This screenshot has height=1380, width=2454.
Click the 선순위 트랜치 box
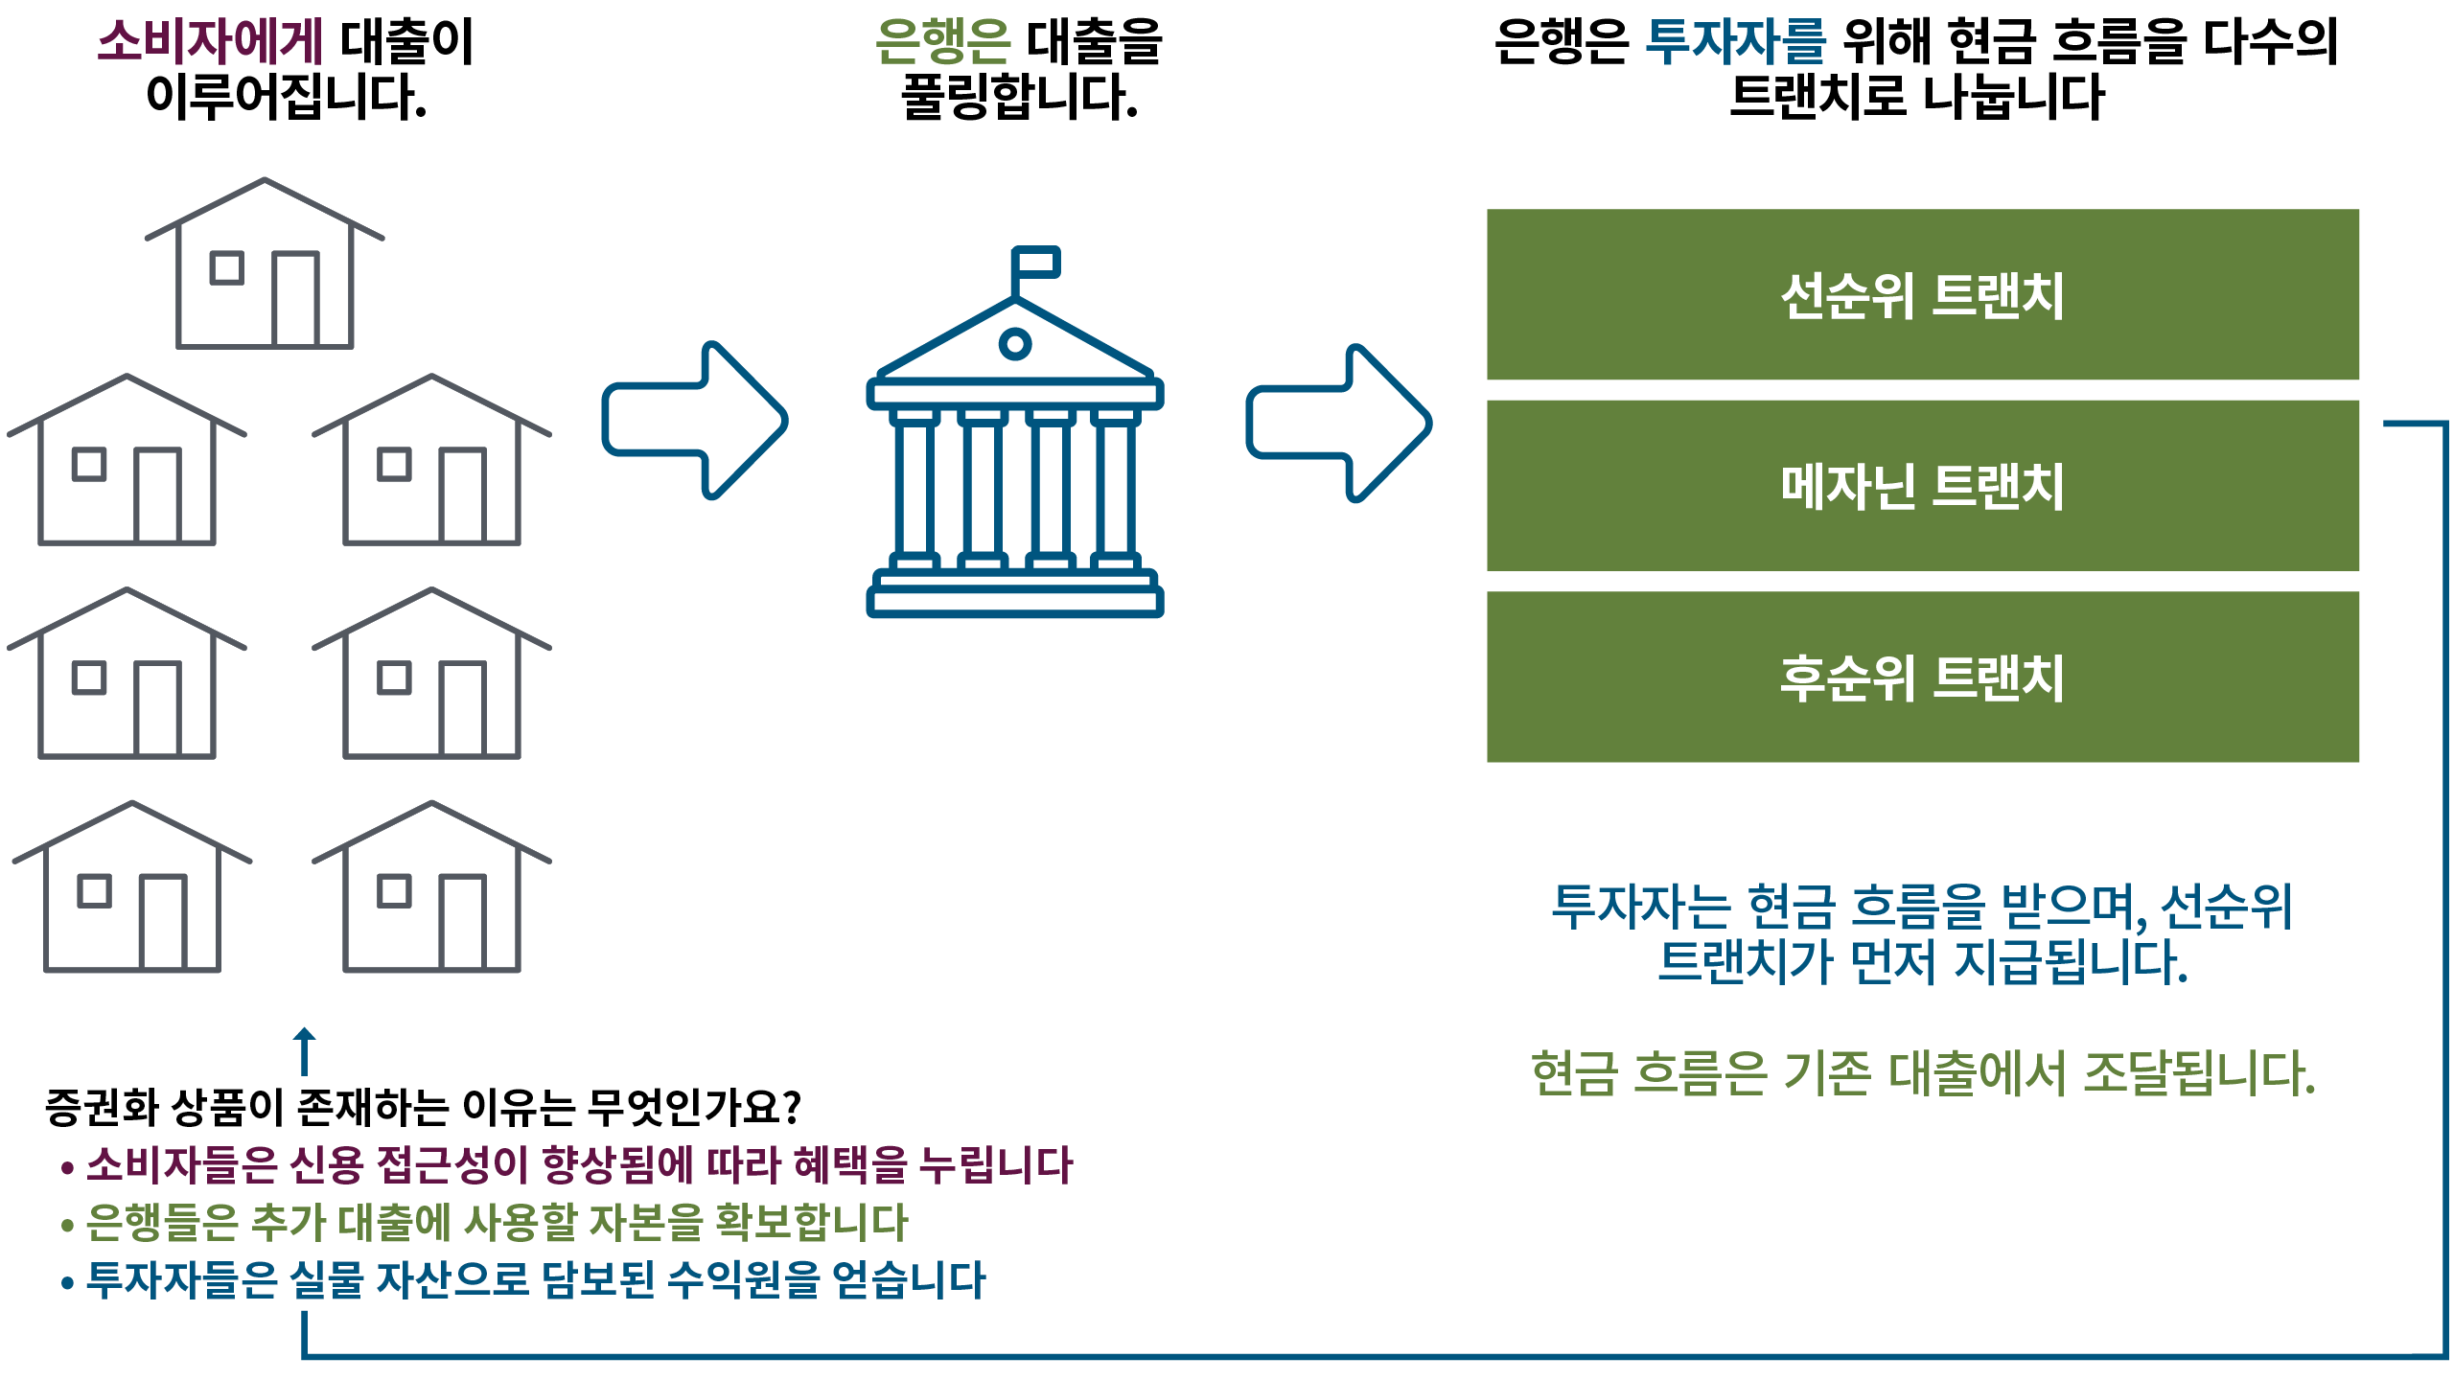tap(1922, 295)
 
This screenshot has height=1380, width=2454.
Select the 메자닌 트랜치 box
tap(1922, 486)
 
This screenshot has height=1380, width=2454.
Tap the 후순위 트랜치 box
tap(1922, 678)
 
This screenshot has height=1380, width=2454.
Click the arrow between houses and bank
tap(694, 420)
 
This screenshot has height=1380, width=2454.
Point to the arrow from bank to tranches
tap(1338, 423)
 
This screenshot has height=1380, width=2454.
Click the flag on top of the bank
tap(1037, 263)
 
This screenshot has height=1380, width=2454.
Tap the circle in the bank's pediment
tap(1014, 343)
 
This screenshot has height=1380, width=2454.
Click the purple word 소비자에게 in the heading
tap(211, 42)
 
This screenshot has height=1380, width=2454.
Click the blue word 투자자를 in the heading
tap(1735, 42)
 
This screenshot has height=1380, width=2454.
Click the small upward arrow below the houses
tap(305, 1050)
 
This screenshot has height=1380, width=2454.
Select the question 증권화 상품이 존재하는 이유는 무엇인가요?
tap(423, 1108)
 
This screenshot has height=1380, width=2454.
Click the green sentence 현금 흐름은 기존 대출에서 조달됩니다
tap(1922, 1073)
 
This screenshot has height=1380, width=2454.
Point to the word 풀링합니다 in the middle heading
tap(1018, 98)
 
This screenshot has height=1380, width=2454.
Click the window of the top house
tap(227, 267)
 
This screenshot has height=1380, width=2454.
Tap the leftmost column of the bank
tap(914, 489)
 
